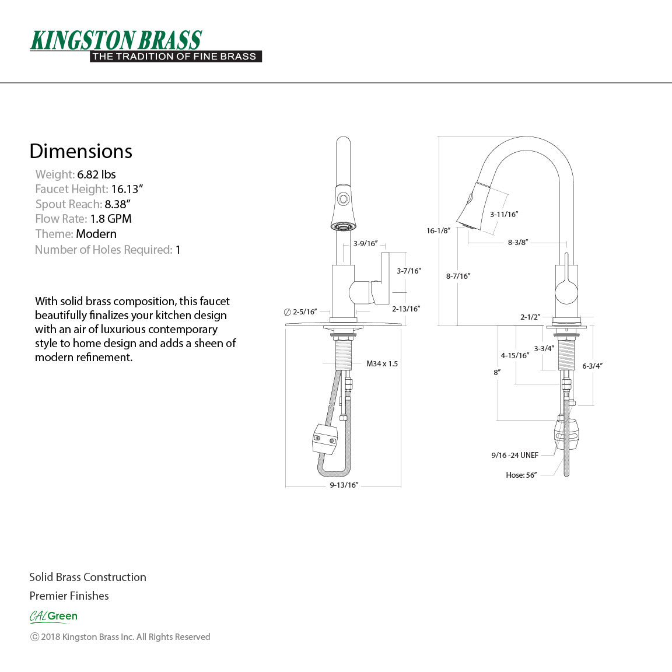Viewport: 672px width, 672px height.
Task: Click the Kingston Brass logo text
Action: (x=116, y=40)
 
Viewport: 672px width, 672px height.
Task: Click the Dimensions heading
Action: (x=80, y=151)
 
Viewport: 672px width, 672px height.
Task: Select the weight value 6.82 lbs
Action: (x=96, y=174)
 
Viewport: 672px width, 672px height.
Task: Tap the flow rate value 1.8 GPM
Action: (x=111, y=219)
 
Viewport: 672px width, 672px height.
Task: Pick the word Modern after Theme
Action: (x=96, y=234)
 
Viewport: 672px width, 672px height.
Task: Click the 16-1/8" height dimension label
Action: (x=438, y=230)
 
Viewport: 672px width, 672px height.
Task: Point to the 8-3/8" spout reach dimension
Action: (x=517, y=242)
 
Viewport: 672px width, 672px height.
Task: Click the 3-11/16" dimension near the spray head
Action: (x=504, y=214)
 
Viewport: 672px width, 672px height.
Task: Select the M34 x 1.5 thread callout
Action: (x=382, y=363)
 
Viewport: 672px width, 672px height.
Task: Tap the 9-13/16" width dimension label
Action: (x=344, y=485)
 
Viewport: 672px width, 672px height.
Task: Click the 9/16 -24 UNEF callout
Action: (x=514, y=455)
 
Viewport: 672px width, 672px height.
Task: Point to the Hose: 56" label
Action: (x=521, y=475)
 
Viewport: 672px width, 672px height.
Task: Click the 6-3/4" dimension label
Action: (x=592, y=366)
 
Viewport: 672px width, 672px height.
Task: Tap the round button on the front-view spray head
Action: (x=343, y=198)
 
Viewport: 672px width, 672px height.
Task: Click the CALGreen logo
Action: (x=54, y=616)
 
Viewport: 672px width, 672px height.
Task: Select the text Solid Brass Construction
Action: (x=87, y=577)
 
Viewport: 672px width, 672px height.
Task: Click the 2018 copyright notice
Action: (x=120, y=637)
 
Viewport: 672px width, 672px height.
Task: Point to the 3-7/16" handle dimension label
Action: (x=409, y=271)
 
